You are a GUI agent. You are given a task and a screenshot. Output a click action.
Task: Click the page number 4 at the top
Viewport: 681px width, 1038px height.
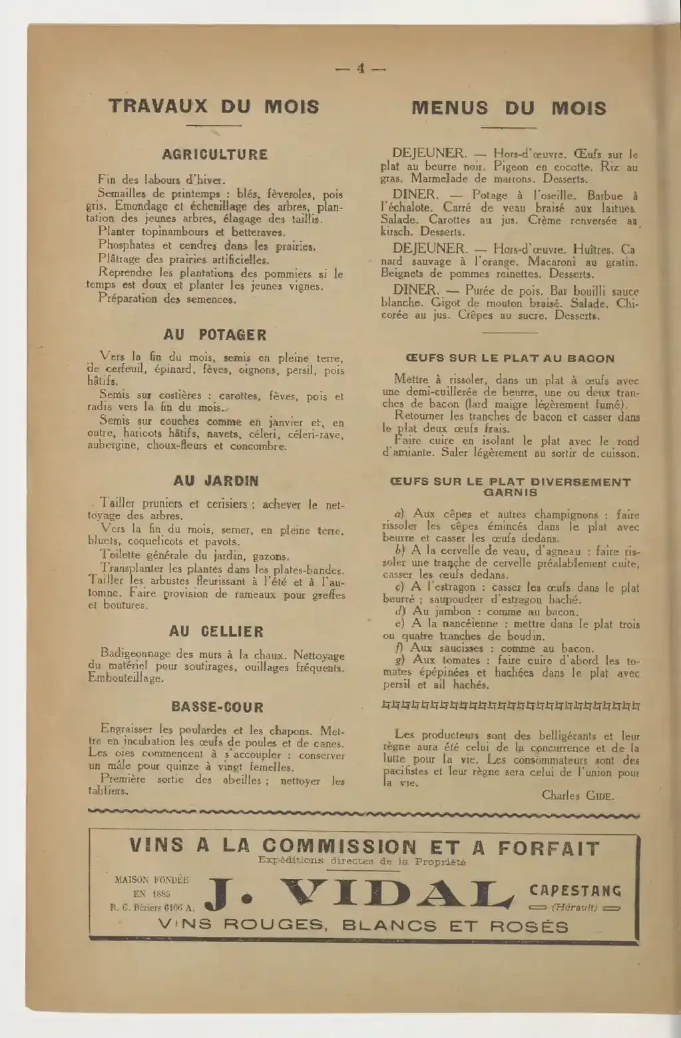coord(361,69)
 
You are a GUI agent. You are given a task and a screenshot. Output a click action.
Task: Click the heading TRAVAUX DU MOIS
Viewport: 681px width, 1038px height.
coord(214,107)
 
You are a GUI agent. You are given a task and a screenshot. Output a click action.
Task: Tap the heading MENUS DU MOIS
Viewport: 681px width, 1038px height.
coord(509,108)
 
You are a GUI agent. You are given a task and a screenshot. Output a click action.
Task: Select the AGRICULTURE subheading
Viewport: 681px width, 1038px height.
coord(215,154)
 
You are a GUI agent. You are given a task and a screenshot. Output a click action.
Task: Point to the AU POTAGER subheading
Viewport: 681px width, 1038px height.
coord(214,335)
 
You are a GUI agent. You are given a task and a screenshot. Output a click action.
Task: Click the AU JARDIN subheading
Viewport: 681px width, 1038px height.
coord(216,481)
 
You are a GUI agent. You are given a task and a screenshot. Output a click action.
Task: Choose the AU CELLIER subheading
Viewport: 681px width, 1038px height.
coord(216,631)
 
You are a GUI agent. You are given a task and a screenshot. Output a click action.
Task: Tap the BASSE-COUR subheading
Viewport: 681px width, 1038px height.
coord(217,707)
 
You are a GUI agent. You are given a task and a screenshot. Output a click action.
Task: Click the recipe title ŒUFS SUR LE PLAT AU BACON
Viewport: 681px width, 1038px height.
coord(510,358)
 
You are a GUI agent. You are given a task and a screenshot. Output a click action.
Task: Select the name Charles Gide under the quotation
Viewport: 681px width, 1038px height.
coord(578,795)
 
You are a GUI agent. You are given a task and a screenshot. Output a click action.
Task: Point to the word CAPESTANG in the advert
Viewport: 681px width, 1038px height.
coord(575,891)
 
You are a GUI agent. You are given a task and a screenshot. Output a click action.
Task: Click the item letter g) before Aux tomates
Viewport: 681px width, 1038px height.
coord(399,660)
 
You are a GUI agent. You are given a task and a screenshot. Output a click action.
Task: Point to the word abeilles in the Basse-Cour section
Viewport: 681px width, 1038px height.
coord(242,780)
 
